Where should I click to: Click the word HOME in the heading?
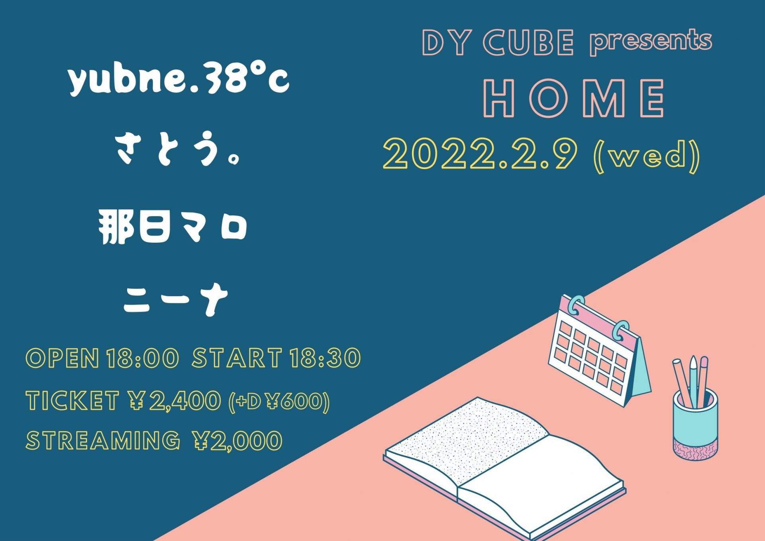(x=574, y=98)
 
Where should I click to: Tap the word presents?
(x=651, y=41)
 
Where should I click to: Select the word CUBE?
(x=529, y=42)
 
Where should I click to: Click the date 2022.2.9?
(x=480, y=154)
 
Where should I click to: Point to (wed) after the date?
(x=647, y=156)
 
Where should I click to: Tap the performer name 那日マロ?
(x=173, y=227)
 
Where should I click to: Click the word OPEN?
(x=63, y=358)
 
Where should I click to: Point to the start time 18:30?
(x=325, y=358)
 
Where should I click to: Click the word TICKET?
(x=73, y=400)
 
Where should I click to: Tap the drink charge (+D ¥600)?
(x=279, y=401)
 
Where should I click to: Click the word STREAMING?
(x=103, y=441)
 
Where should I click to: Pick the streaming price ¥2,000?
(x=237, y=441)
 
